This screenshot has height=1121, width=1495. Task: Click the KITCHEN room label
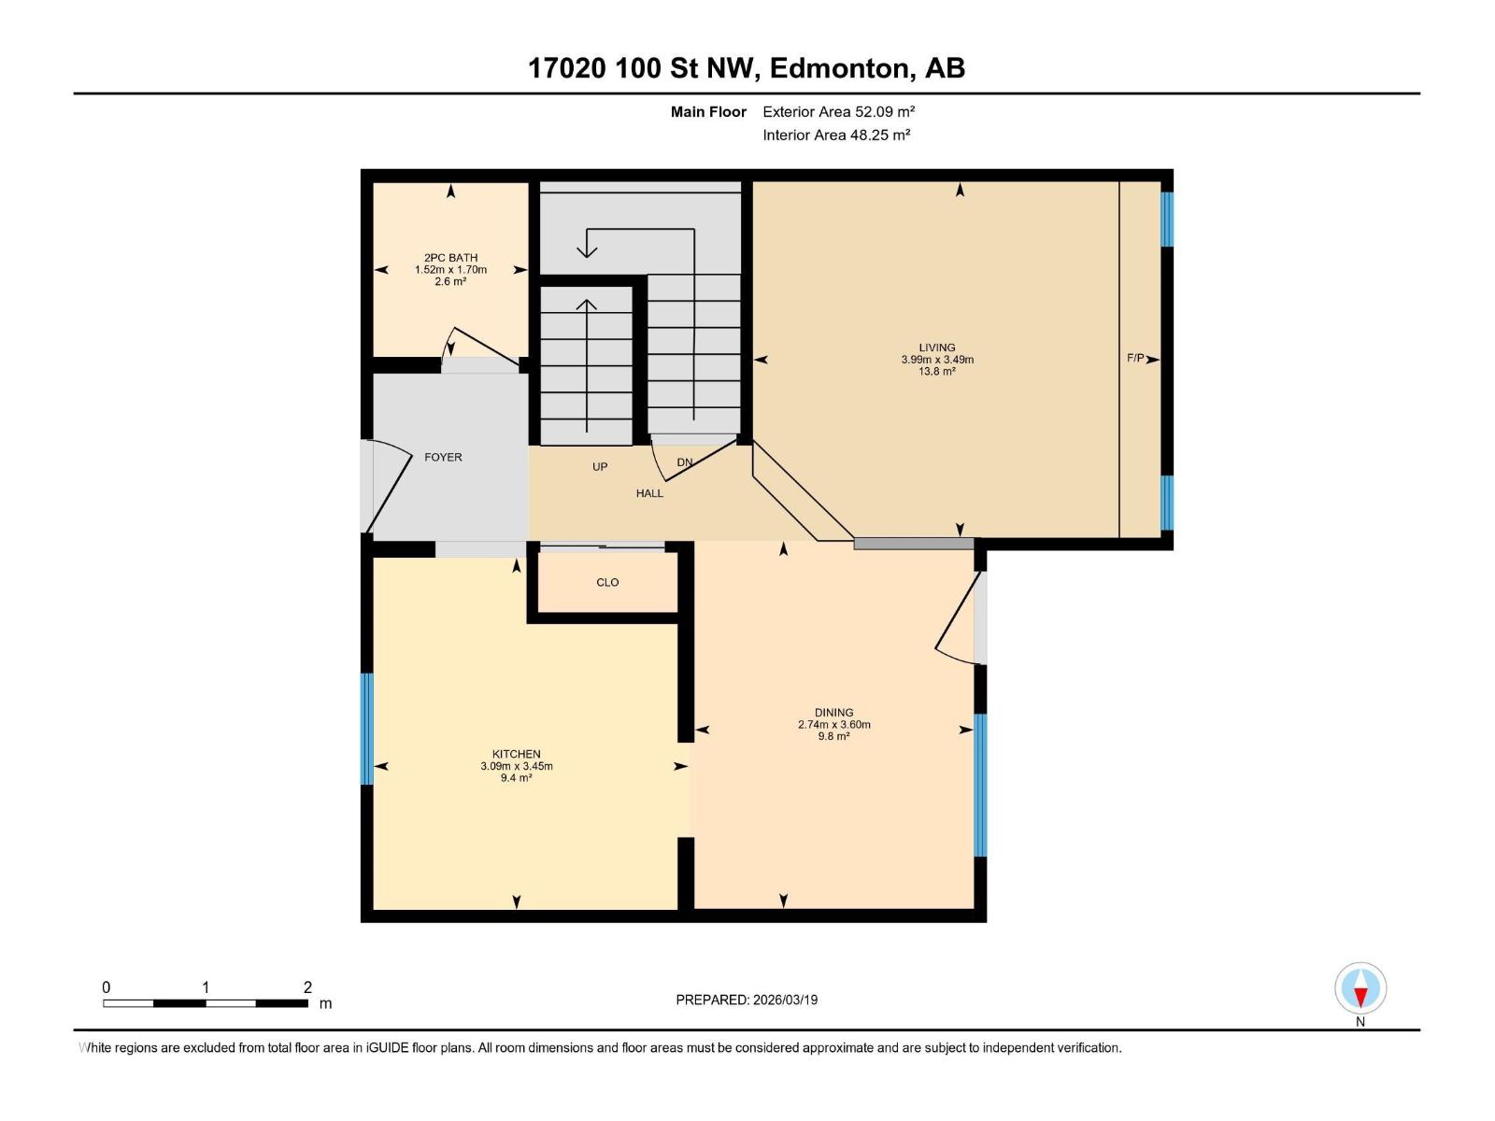[516, 754]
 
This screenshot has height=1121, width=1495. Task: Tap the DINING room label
[833, 712]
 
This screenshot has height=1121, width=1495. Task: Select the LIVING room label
[936, 348]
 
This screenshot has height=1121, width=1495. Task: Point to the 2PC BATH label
[450, 258]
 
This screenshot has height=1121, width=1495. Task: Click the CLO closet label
[607, 582]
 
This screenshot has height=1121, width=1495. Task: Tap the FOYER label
[443, 457]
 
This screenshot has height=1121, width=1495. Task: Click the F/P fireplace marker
[1135, 358]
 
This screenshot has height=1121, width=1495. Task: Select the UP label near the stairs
[600, 466]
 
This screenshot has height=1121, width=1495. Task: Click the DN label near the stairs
[685, 462]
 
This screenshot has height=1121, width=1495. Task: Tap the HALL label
[649, 493]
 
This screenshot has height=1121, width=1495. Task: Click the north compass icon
[1360, 988]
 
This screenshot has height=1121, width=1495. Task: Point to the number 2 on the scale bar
[307, 987]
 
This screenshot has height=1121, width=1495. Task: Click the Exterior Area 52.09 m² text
[838, 111]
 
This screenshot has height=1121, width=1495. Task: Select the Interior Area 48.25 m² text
[836, 135]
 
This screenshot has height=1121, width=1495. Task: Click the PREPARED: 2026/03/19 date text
[747, 1000]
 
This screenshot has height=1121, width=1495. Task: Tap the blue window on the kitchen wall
[366, 729]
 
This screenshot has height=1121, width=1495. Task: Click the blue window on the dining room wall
[980, 785]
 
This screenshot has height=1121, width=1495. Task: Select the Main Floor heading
[708, 111]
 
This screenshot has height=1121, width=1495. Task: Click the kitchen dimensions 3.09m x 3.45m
[516, 766]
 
